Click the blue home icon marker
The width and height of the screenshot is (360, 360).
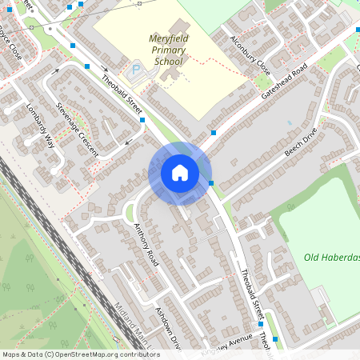click(180, 173)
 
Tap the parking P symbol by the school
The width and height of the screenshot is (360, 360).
click(135, 70)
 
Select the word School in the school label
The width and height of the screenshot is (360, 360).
click(169, 61)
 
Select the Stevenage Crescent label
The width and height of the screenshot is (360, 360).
click(77, 128)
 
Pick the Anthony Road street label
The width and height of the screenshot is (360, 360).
click(146, 243)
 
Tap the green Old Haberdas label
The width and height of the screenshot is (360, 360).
click(331, 257)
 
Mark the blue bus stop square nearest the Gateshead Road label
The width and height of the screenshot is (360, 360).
click(214, 131)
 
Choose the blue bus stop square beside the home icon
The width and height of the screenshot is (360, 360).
click(211, 183)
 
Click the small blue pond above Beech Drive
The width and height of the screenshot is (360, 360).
click(290, 122)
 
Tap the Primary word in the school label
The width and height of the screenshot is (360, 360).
click(168, 50)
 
